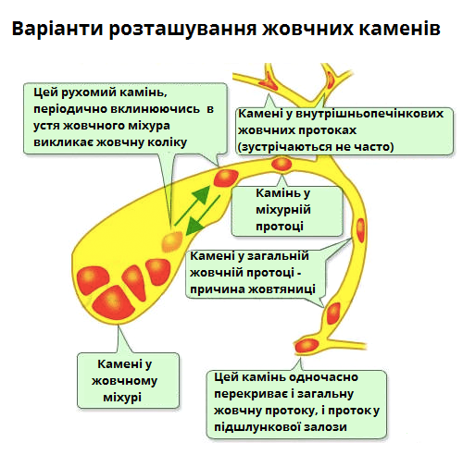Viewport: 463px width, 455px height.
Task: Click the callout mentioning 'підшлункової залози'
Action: (296, 402)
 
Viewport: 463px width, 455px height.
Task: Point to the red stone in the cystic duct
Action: (282, 165)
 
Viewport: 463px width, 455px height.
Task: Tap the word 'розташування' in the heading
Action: (181, 29)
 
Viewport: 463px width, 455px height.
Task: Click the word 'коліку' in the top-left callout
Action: (166, 142)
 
